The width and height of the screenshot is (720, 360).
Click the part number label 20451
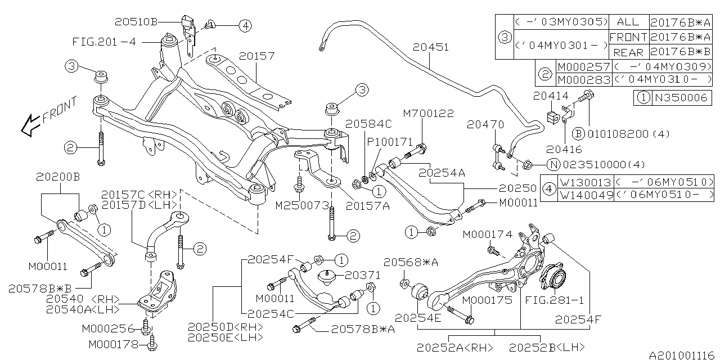pyautogui.click(x=430, y=47)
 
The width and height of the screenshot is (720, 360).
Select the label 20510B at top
pyautogui.click(x=136, y=22)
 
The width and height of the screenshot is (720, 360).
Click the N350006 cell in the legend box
pyautogui.click(x=679, y=97)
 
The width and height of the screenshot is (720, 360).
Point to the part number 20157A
pyautogui.click(x=368, y=206)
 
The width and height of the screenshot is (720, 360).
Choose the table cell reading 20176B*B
pyautogui.click(x=679, y=52)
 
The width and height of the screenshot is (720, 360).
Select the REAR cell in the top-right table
pyautogui.click(x=628, y=52)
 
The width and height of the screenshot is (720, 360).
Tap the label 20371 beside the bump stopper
pyautogui.click(x=362, y=276)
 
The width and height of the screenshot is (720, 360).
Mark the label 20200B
pyautogui.click(x=58, y=177)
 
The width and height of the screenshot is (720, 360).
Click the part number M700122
pyautogui.click(x=428, y=114)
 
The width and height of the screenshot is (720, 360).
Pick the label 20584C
pyautogui.click(x=368, y=123)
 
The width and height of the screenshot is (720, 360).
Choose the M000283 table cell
pyautogui.click(x=583, y=80)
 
